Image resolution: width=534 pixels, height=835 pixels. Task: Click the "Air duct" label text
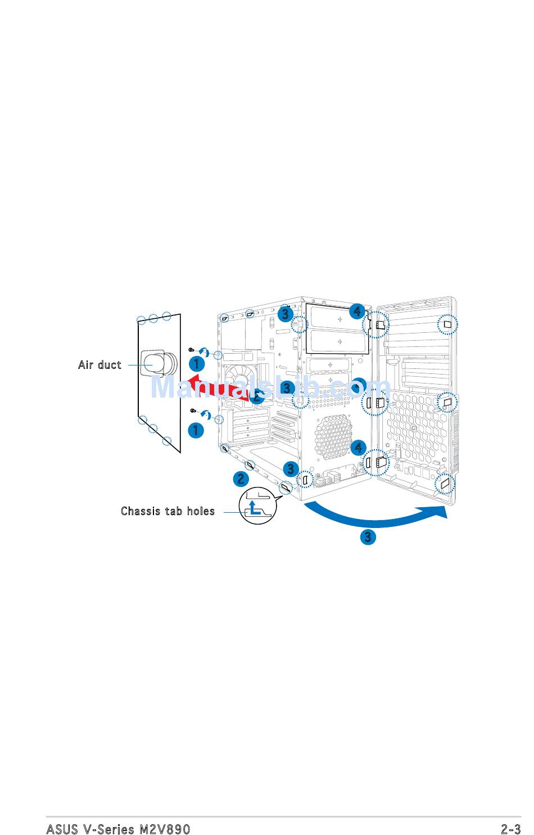point(99,365)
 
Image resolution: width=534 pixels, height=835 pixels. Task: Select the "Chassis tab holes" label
point(168,511)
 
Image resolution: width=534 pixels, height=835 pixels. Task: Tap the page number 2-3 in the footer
point(510,829)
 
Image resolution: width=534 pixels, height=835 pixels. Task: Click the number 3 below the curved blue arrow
point(368,537)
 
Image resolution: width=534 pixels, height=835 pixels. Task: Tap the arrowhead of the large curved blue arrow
point(438,513)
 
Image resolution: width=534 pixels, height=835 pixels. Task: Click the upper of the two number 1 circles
point(196,364)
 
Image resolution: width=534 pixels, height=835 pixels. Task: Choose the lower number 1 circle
point(196,431)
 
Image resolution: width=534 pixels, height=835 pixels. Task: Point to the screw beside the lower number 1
point(193,411)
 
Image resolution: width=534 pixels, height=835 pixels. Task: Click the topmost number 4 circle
point(357,310)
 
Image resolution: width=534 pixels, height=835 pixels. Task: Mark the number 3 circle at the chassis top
point(286,314)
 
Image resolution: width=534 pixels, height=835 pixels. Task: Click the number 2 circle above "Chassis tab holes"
point(241,479)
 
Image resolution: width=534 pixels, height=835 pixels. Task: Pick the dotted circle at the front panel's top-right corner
point(447,324)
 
